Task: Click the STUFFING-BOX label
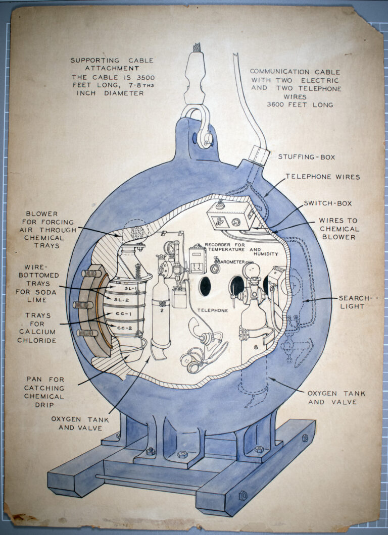[306, 157]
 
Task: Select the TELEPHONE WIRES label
[322, 177]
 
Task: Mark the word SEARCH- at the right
[356, 298]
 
